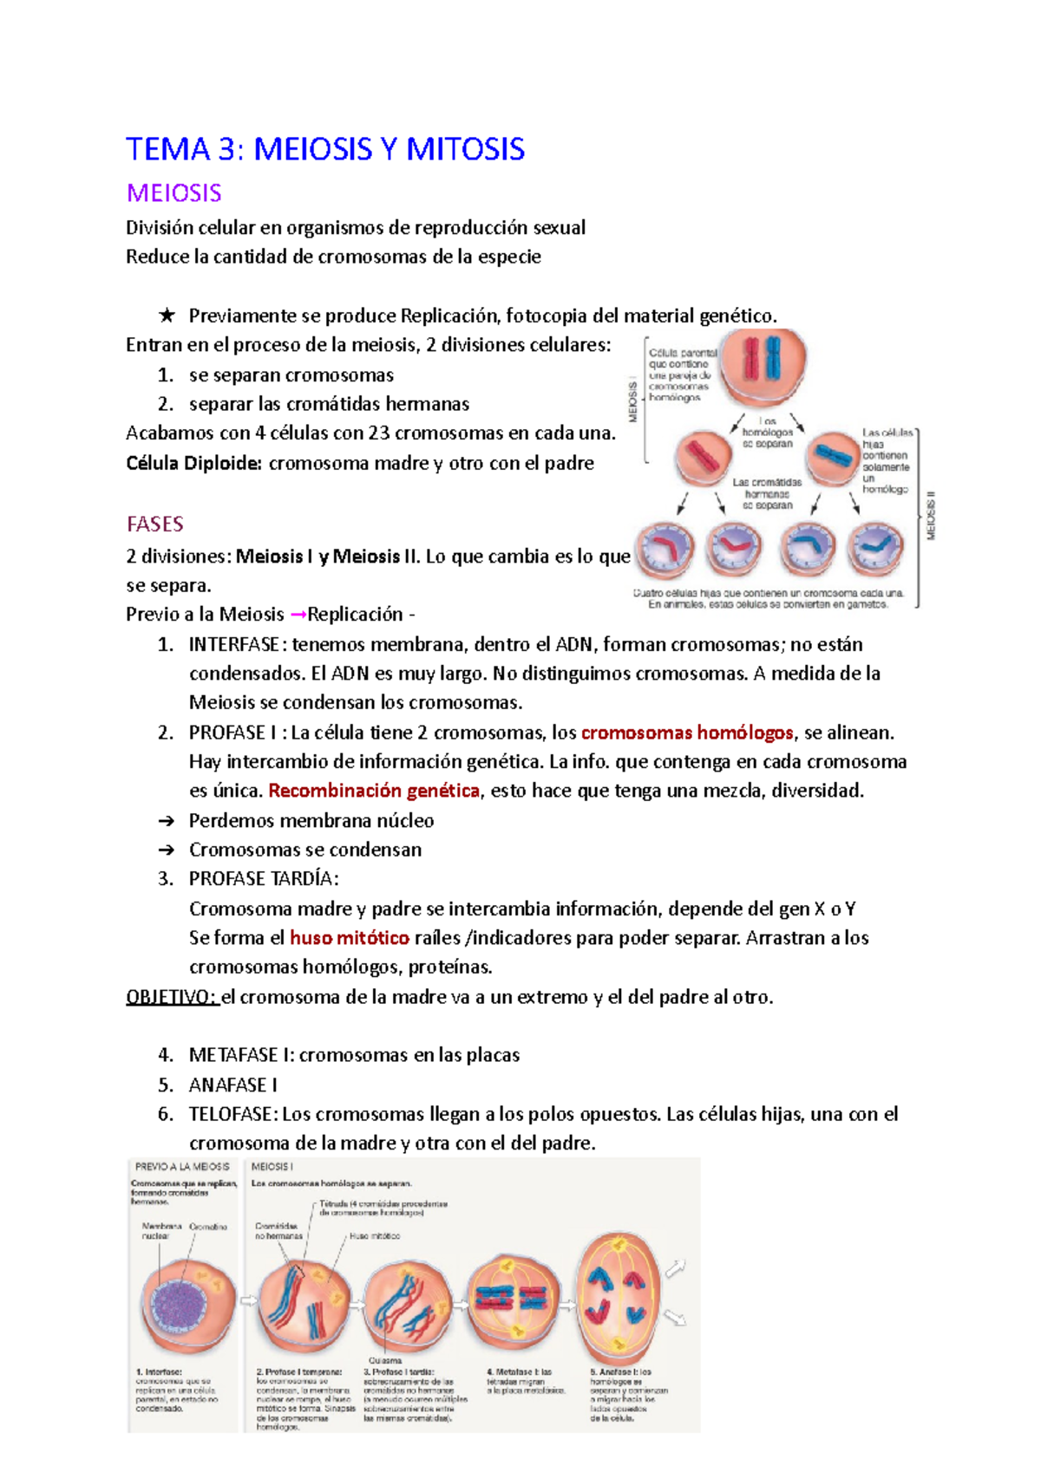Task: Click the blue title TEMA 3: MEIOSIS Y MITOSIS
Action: pos(325,149)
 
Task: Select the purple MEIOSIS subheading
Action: pos(173,192)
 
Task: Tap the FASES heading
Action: pos(154,524)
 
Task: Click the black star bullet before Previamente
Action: pos(167,316)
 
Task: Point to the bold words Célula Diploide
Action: pos(193,463)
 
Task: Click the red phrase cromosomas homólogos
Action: pos(687,733)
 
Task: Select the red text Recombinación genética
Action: pos(374,791)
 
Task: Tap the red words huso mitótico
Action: pos(349,938)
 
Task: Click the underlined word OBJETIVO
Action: pos(171,997)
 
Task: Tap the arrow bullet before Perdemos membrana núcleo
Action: pos(167,821)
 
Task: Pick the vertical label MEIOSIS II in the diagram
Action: pos(931,516)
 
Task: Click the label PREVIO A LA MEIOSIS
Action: pos(182,1167)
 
